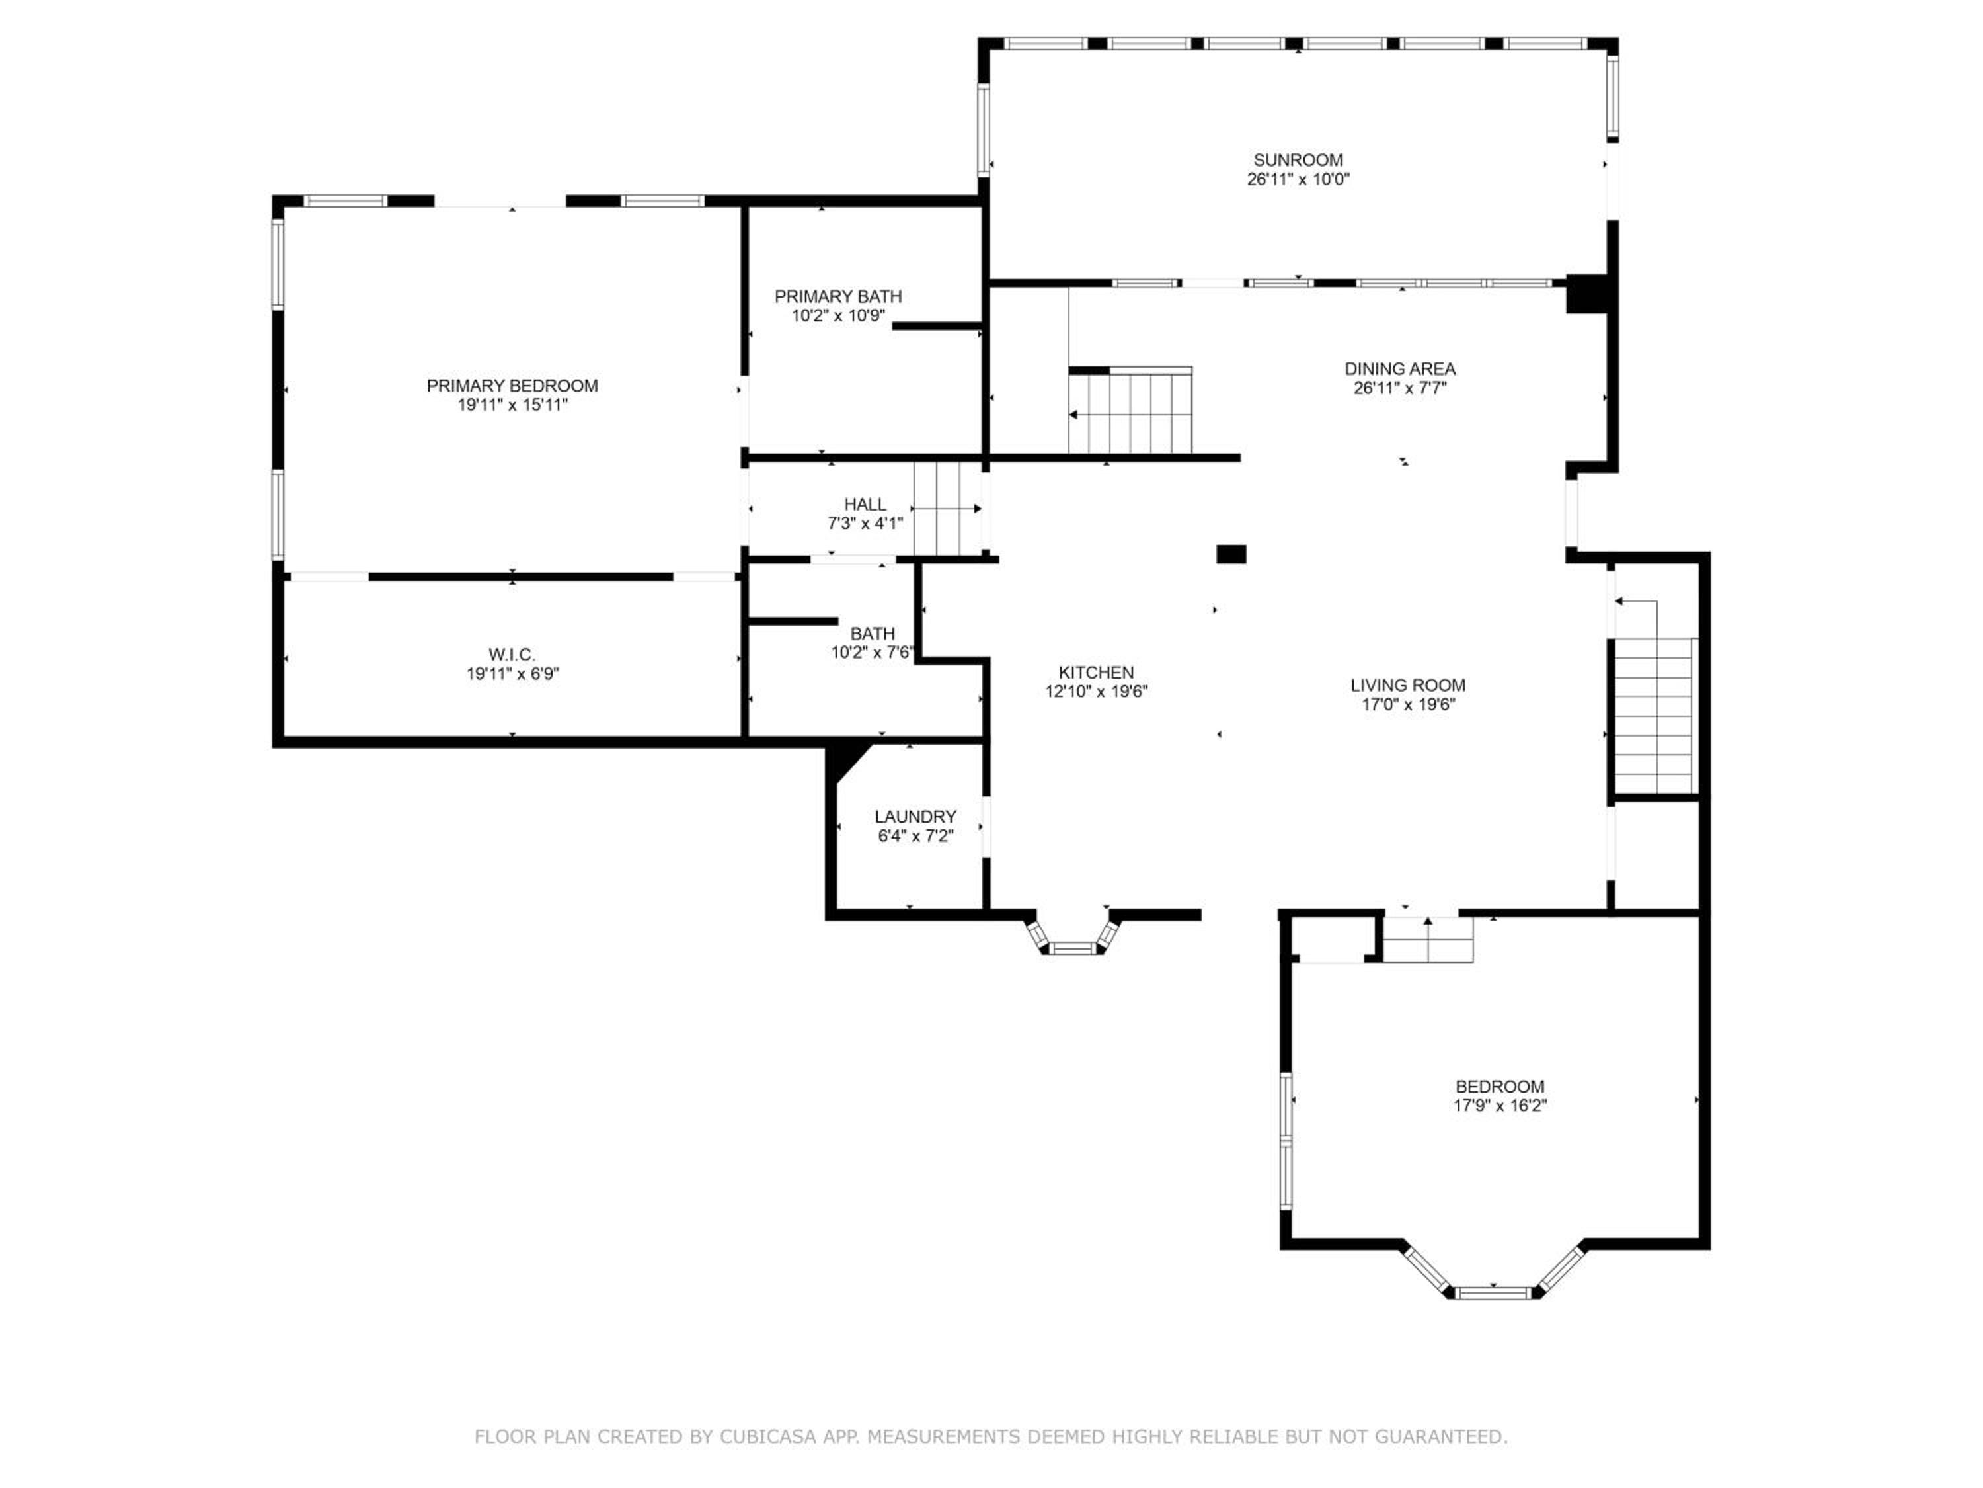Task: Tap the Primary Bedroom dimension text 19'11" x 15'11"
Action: [513, 405]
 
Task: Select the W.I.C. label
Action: [512, 655]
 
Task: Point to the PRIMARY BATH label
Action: [838, 296]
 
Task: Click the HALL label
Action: [865, 504]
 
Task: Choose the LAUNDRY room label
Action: [915, 816]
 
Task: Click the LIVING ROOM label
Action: [1409, 685]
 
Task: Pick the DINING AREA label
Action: [1400, 368]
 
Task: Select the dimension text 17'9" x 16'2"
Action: [1500, 1106]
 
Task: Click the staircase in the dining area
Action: [1130, 411]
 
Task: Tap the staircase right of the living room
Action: [1653, 716]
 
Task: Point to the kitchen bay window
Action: [1073, 934]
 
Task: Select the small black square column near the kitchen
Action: [1231, 554]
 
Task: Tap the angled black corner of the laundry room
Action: [843, 761]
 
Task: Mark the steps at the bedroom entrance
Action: [1428, 938]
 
